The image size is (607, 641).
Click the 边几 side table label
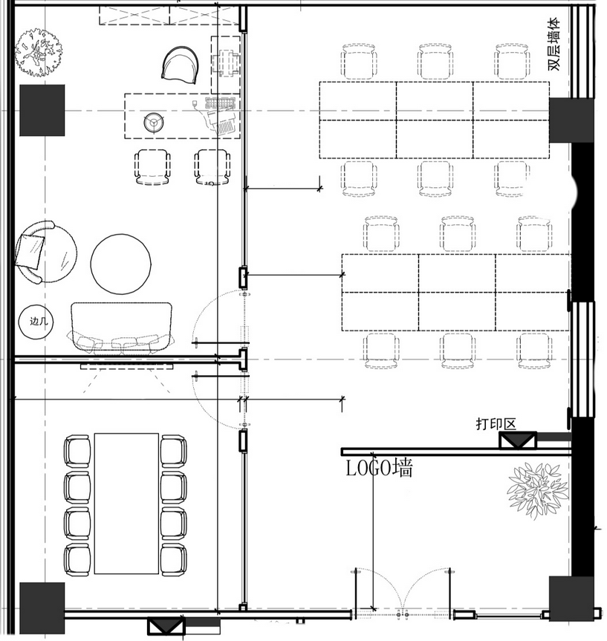(x=39, y=322)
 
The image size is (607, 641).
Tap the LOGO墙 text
(x=379, y=468)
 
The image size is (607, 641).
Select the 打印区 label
(x=496, y=423)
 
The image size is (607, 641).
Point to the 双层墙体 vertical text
(x=554, y=44)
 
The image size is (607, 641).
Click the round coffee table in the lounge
(x=120, y=264)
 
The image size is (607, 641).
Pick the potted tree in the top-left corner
(x=39, y=52)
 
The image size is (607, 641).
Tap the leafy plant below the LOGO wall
(x=537, y=490)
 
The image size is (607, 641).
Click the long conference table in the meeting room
(x=126, y=504)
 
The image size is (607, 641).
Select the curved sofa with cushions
(x=121, y=328)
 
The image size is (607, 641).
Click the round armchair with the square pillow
(x=45, y=252)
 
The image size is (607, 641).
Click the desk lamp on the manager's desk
(x=154, y=123)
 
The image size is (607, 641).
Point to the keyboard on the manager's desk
(x=221, y=103)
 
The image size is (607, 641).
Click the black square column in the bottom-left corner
(x=42, y=608)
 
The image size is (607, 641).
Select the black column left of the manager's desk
(x=42, y=111)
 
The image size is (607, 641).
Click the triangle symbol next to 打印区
(x=518, y=440)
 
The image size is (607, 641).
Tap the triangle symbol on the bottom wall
(x=166, y=625)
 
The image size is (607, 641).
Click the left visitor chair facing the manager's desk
(x=152, y=167)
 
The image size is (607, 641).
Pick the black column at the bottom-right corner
(x=571, y=599)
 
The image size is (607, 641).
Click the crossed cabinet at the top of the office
(x=169, y=15)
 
